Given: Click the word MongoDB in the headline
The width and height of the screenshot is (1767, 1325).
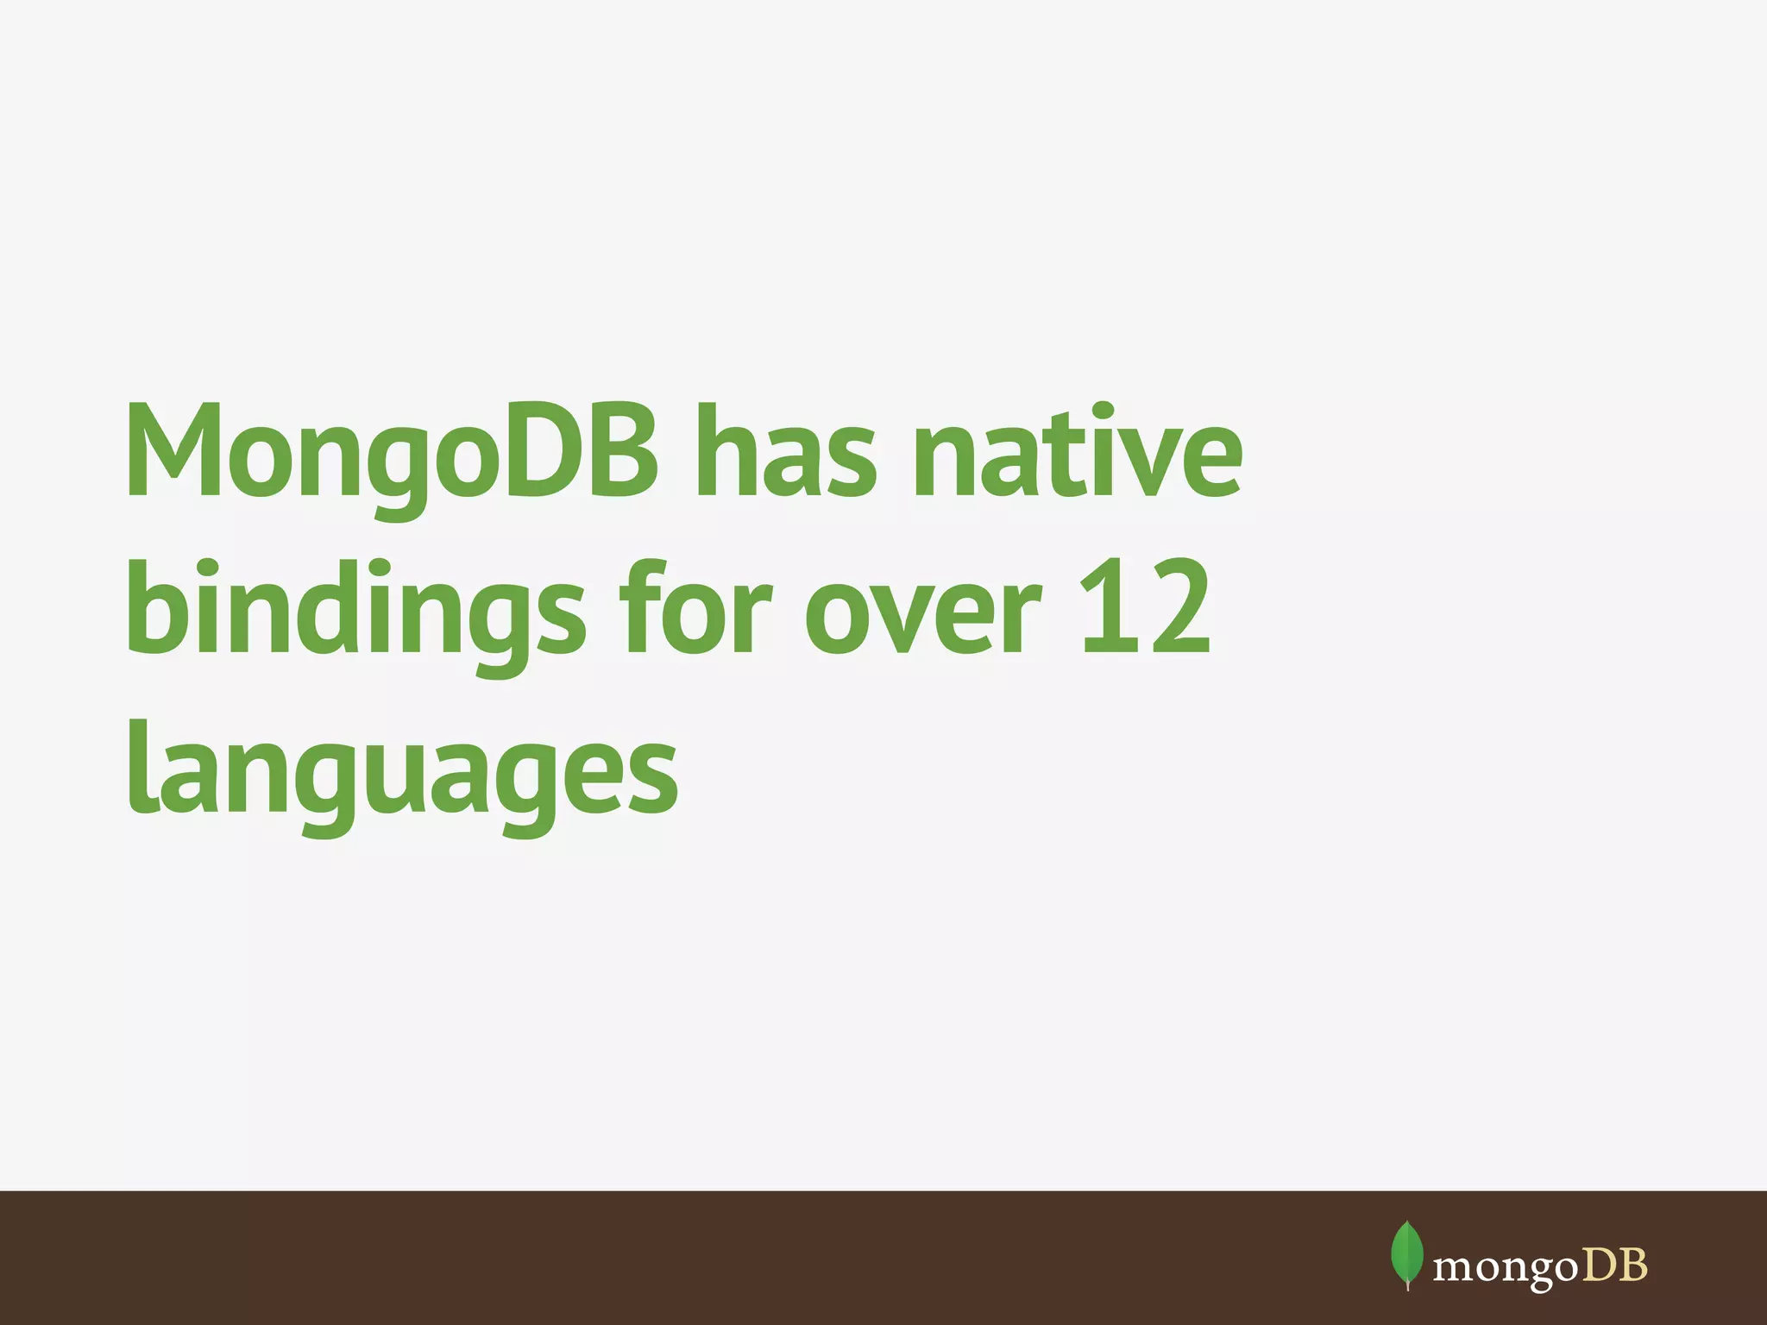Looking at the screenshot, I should tap(393, 453).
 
